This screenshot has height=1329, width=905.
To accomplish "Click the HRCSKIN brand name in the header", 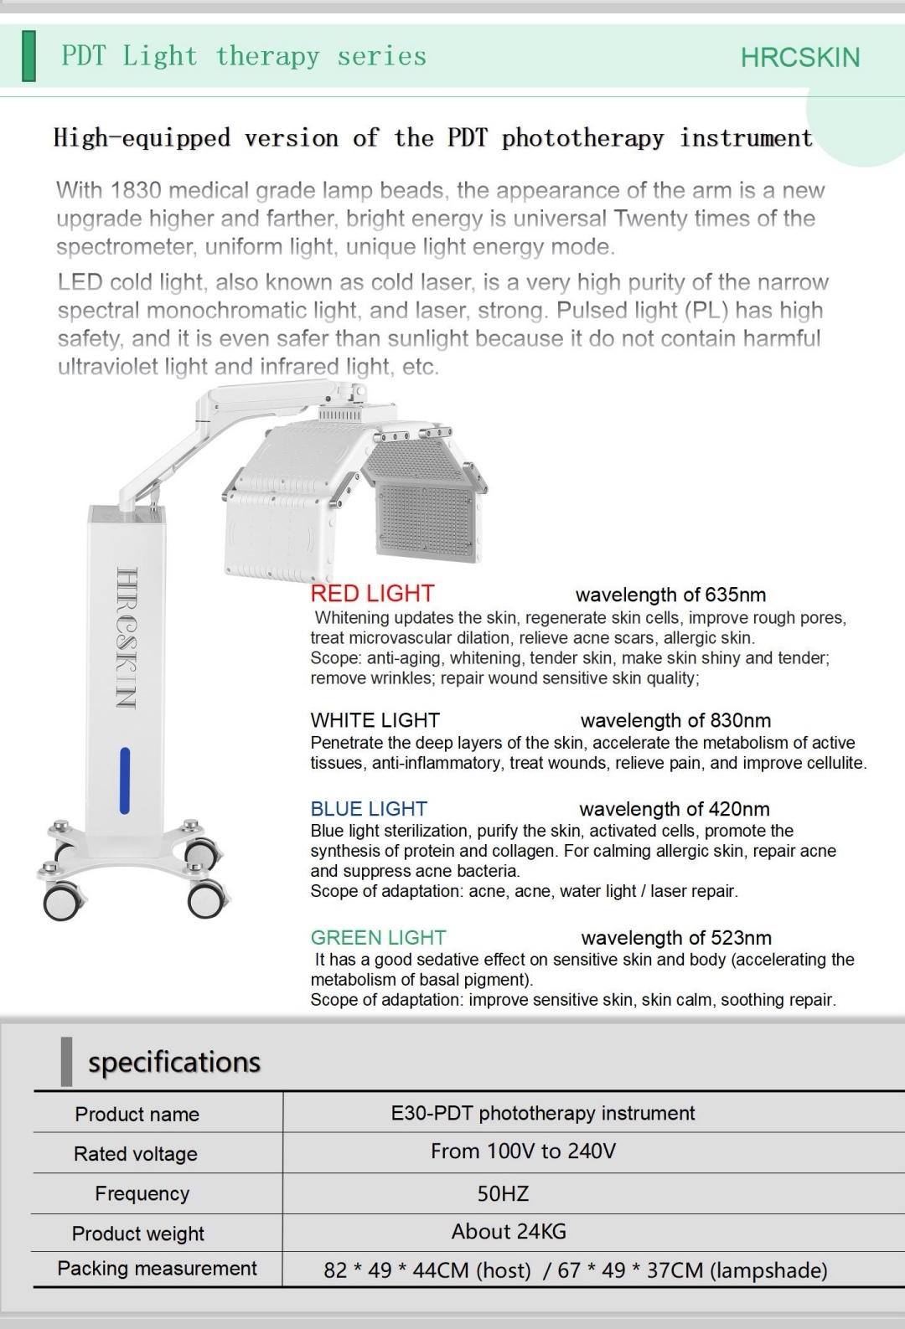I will pos(800,57).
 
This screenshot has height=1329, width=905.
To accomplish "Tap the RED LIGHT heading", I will pos(372,594).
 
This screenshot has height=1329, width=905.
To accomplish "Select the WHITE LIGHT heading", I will pos(375,720).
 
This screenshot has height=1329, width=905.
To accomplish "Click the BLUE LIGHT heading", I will pos(369,809).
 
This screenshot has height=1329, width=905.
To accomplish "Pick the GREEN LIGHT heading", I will pos(378,938).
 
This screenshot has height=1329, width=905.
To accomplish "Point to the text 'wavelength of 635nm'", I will pos(670,595).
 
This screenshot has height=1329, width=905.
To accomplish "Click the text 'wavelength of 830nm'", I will pos(675,720).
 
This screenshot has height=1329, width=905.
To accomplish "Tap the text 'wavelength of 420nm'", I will pos(674,809).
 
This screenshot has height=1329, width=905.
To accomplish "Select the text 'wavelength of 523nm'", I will pos(676,938).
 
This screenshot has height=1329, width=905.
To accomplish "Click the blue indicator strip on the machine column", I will pos(125,780).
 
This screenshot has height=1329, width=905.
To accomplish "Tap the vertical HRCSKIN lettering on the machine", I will pos(126,636).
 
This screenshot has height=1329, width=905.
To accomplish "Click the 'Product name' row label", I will pos(137,1114).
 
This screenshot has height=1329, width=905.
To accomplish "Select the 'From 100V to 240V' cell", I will pos(523,1151).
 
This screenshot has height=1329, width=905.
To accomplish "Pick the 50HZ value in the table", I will pos(503,1193).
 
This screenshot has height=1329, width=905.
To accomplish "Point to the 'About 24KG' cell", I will pos(509,1232).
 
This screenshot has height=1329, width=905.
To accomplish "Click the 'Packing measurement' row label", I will pos(157,1269).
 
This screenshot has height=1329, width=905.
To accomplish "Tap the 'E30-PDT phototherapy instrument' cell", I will pos(543,1113).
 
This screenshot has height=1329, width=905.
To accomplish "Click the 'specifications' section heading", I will pos(174,1062).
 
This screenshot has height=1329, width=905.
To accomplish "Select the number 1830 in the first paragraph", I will pos(135,191).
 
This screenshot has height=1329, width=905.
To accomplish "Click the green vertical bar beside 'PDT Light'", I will pos(29,56).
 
